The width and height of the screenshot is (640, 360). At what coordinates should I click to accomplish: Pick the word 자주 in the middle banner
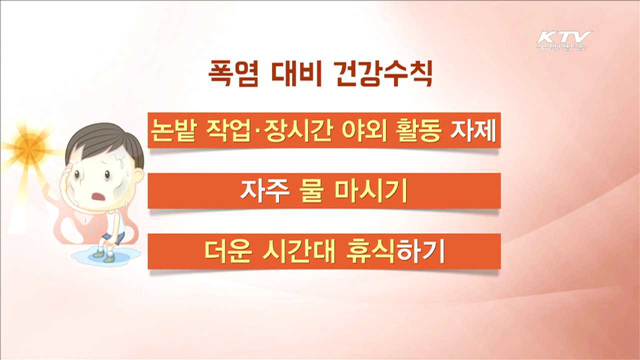click(263, 190)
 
